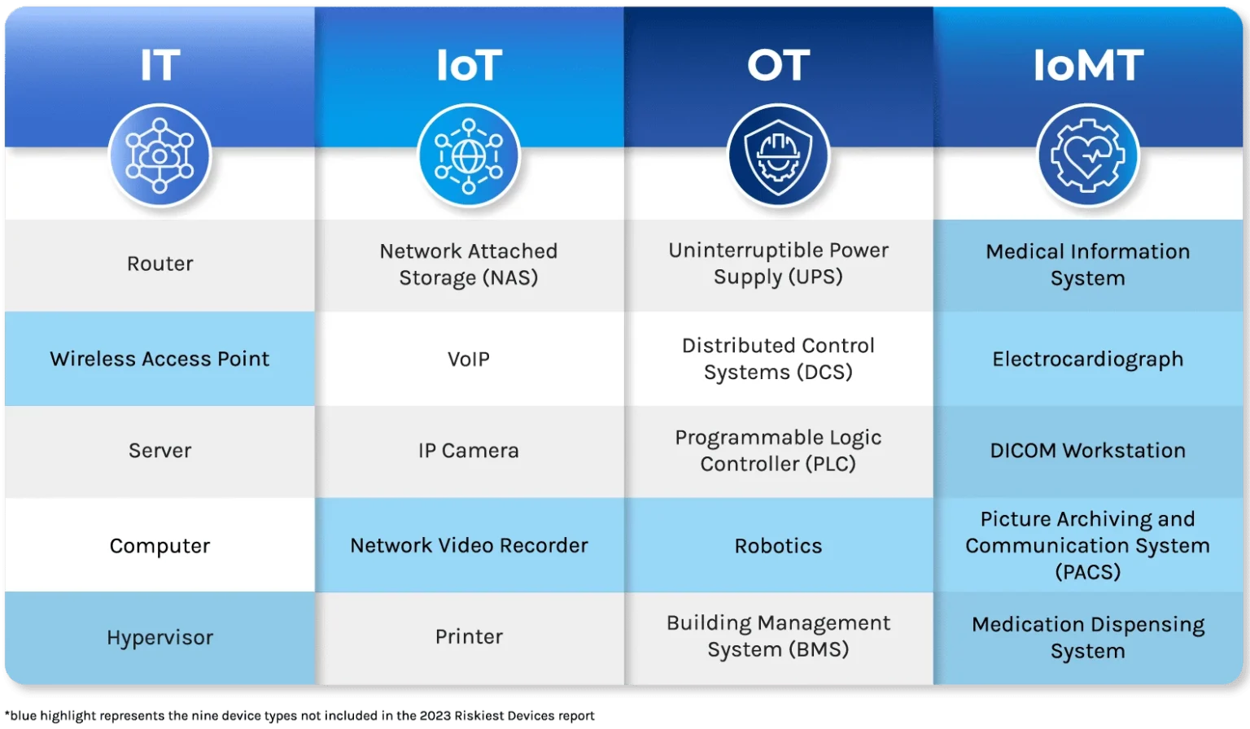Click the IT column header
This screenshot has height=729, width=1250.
coord(160,65)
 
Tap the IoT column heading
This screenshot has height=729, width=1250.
coord(469,65)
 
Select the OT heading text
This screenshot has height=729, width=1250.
coord(778,65)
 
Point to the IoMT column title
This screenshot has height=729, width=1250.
coord(1088,65)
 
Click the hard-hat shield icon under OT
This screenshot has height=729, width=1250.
coord(778,155)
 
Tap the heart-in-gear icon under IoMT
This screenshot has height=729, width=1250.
coord(1088,155)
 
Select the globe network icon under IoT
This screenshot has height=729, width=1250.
coord(469,155)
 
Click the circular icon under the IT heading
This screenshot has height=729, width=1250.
coord(160,155)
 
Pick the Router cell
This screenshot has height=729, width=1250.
coord(160,264)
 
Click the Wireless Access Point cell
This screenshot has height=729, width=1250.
coord(160,359)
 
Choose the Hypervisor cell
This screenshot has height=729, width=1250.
coord(160,637)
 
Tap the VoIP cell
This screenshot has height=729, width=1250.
coord(469,359)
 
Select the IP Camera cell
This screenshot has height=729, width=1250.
coord(469,451)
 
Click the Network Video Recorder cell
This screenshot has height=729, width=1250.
coord(469,545)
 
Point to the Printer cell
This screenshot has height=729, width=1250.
coord(469,636)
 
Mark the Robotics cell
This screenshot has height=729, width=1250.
coord(778,545)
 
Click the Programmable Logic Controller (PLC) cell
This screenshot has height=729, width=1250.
coord(778,451)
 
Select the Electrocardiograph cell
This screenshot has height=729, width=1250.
coord(1088,359)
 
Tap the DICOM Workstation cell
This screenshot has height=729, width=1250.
coord(1088,451)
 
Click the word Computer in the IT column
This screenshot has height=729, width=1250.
coord(160,545)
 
